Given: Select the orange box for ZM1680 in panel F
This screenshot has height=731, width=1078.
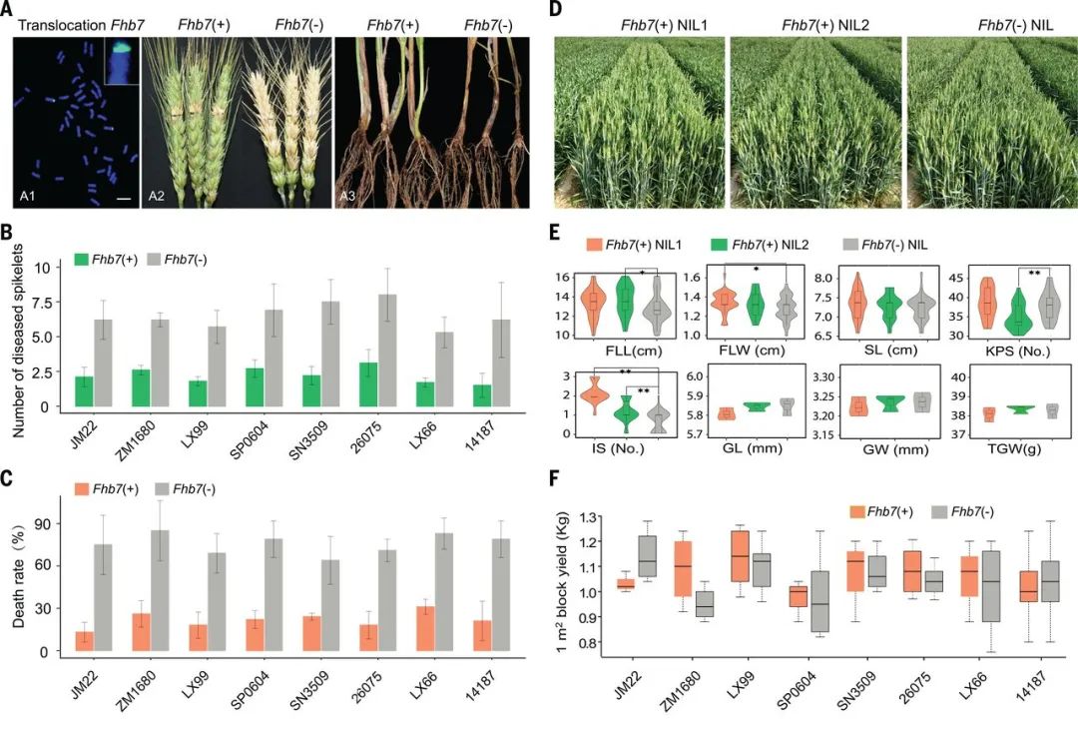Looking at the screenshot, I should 684,568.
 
